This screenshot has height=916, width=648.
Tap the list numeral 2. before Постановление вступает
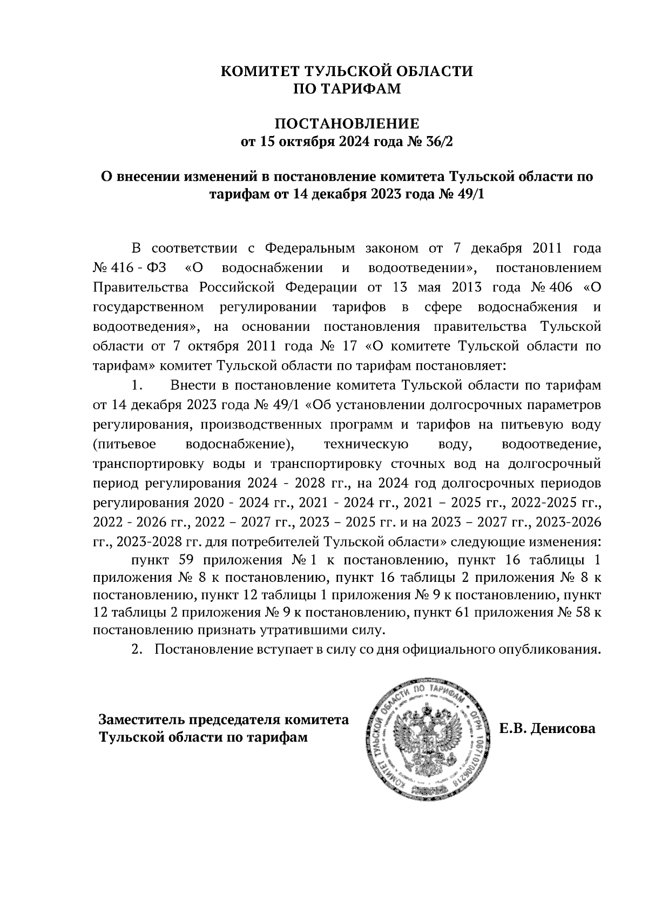(x=137, y=649)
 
